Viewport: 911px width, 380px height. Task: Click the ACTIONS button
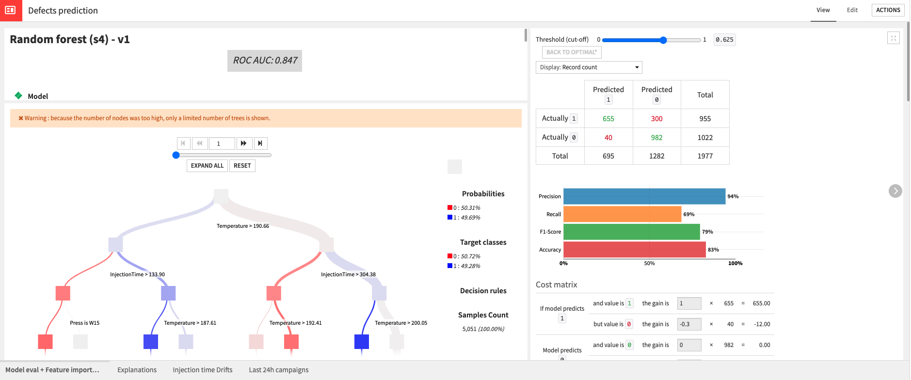pos(888,10)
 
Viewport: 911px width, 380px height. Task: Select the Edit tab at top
pos(852,10)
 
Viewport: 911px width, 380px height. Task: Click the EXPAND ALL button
pos(207,166)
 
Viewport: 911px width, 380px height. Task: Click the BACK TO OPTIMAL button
pos(571,52)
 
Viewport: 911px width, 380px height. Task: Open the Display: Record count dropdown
pos(589,67)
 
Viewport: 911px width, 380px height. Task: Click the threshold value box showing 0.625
pos(724,40)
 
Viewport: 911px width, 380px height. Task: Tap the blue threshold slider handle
pos(663,40)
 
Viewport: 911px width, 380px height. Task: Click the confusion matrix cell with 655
pos(608,119)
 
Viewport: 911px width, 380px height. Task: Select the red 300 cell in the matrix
pos(656,119)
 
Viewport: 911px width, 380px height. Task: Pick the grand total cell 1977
pos(705,156)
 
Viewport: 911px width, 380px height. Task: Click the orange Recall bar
pos(622,214)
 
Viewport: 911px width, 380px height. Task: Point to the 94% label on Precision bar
pos(733,196)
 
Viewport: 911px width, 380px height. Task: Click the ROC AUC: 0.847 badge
pos(265,61)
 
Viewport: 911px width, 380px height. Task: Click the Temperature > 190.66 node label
pos(242,226)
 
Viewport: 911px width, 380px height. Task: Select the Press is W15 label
pos(84,323)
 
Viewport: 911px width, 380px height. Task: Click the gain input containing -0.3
pos(688,324)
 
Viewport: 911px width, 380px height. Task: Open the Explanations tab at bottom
pos(137,370)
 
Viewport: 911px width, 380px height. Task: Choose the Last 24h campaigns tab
pos(278,370)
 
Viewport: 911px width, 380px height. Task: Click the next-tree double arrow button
pos(244,143)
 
